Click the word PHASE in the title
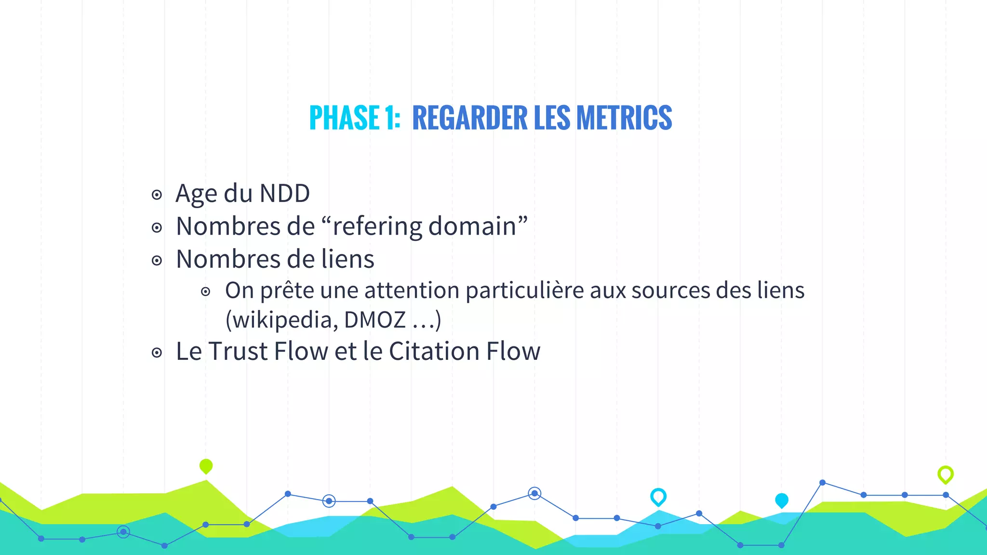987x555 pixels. tap(344, 118)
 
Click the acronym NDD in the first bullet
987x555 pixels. tap(284, 194)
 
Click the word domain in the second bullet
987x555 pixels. tap(472, 226)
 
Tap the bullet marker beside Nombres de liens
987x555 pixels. tap(157, 261)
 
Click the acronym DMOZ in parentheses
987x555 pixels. tap(375, 320)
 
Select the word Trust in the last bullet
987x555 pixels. tap(238, 351)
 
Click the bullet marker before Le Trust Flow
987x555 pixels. tap(157, 353)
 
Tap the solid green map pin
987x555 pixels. tap(206, 466)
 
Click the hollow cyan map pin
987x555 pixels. tap(658, 496)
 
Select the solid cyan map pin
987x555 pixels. tap(781, 500)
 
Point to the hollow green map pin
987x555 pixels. tap(945, 475)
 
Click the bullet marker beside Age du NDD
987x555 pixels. tap(157, 195)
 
